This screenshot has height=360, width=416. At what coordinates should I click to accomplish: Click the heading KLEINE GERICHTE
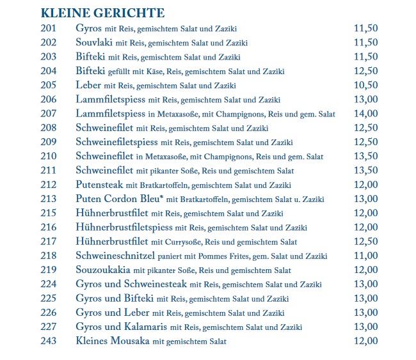(102, 13)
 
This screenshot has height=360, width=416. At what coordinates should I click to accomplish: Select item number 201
(49, 28)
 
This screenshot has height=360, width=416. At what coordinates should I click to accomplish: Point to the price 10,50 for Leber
(365, 85)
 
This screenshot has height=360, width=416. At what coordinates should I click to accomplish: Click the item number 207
(49, 113)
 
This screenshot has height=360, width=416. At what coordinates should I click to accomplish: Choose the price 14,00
(365, 113)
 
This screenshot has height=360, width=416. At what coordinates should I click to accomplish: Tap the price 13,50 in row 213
(365, 198)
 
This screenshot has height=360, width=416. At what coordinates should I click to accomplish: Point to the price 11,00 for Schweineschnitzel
(365, 256)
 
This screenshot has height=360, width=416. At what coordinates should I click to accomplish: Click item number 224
(49, 284)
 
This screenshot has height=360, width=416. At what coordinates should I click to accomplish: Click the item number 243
(49, 341)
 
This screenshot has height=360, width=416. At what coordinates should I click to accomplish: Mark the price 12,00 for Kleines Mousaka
(365, 341)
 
